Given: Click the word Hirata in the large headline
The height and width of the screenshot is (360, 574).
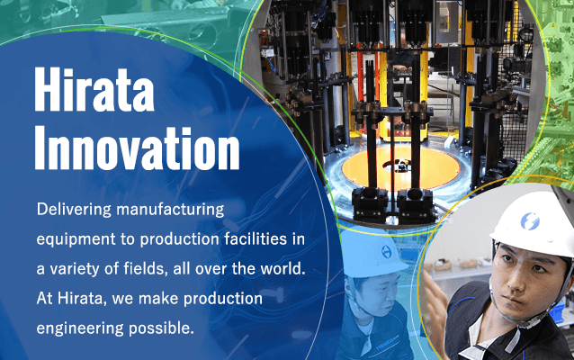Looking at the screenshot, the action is pyautogui.click(x=94, y=89).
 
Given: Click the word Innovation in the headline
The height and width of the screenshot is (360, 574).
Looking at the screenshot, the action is pyautogui.click(x=137, y=148).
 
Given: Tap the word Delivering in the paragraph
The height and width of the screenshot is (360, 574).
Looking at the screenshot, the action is pyautogui.click(x=74, y=210).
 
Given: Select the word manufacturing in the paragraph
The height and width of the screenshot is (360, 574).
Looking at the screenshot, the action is pyautogui.click(x=170, y=210).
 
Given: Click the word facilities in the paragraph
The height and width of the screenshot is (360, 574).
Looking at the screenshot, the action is pyautogui.click(x=256, y=239).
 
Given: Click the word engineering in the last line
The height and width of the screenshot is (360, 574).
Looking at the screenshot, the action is pyautogui.click(x=80, y=328).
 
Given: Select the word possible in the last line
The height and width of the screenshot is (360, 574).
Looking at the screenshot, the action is pyautogui.click(x=161, y=328).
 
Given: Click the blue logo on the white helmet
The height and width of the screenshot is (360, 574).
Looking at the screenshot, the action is pyautogui.click(x=530, y=221).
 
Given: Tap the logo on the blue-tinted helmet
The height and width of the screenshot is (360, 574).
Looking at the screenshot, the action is pyautogui.click(x=386, y=252).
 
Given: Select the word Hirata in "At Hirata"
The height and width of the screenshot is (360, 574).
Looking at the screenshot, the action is pyautogui.click(x=80, y=299).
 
